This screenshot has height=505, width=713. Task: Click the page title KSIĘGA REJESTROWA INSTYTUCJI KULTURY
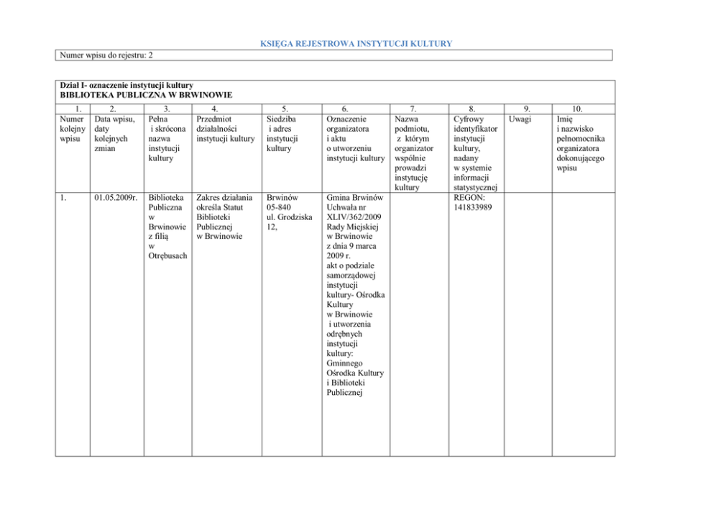356,44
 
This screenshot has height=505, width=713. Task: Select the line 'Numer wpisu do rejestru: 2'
103,55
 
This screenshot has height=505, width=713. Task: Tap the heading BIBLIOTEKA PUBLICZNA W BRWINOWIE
146,94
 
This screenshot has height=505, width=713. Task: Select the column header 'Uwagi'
520,119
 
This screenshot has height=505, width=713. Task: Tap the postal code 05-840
278,207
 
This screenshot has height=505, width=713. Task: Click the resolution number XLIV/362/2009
355,217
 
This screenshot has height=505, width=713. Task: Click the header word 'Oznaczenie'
346,119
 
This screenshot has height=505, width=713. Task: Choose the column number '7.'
412,109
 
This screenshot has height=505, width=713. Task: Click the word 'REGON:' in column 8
469,196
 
